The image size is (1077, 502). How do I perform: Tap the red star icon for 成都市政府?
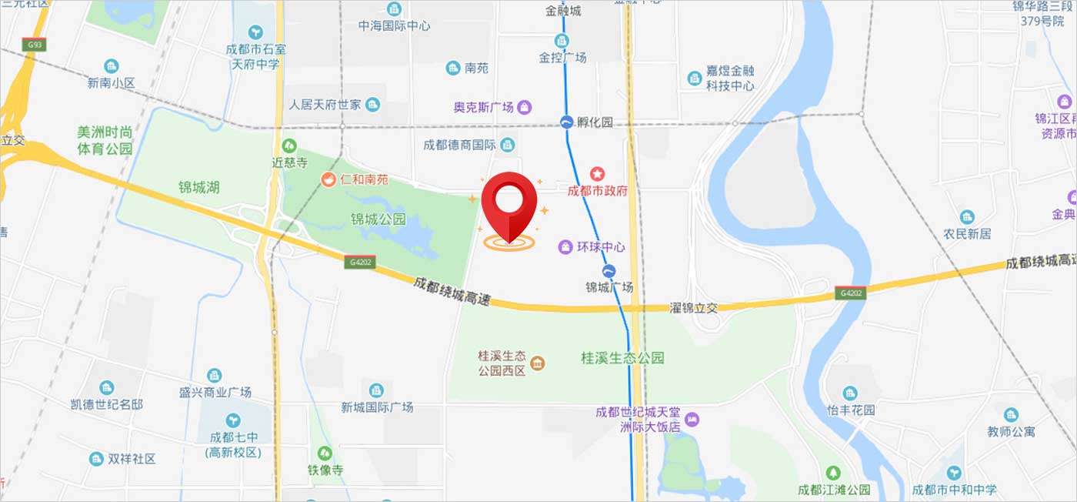[597, 175]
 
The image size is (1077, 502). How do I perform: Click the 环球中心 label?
[601, 247]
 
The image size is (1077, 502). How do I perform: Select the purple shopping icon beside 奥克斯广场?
[525, 107]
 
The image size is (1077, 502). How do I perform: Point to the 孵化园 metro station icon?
[567, 122]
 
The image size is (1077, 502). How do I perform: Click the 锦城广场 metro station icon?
[609, 271]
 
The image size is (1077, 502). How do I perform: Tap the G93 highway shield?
[33, 45]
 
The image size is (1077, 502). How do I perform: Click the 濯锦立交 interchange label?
[694, 307]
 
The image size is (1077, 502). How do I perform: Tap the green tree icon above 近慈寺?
[289, 145]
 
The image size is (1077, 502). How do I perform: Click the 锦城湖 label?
[198, 187]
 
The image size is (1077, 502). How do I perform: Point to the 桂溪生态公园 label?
[622, 358]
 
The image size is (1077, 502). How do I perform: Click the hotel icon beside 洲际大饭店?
[692, 420]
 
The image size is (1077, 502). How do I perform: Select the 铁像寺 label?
[325, 469]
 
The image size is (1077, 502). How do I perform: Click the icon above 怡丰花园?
[850, 393]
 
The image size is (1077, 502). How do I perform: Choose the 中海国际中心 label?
[394, 25]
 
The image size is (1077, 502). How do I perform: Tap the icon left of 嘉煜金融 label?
[694, 77]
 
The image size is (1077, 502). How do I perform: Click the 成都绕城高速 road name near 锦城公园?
[452, 291]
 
